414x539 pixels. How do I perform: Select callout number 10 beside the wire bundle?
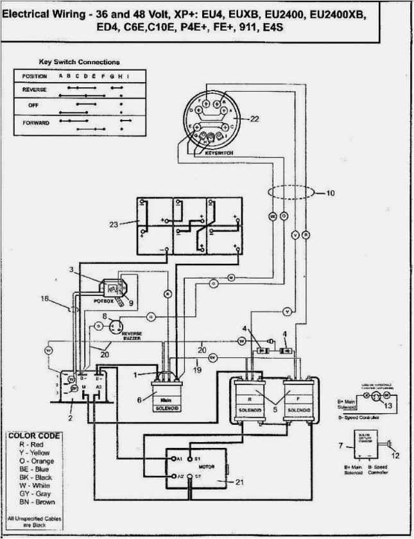[331, 192]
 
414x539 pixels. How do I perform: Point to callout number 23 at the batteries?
[114, 225]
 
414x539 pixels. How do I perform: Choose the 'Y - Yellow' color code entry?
[31, 452]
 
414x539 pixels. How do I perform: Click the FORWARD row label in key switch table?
[35, 122]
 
